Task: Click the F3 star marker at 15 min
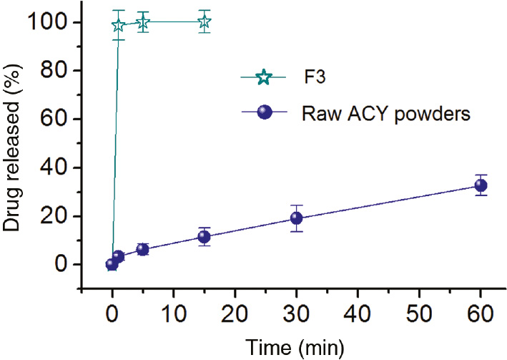click(204, 22)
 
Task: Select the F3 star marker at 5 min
click(142, 23)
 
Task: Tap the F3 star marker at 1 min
click(118, 26)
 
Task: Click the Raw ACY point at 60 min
click(481, 185)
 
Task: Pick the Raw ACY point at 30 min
click(296, 218)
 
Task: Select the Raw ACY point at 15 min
click(204, 237)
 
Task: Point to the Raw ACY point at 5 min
click(142, 249)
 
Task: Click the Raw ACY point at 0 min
click(112, 264)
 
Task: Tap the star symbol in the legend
click(263, 77)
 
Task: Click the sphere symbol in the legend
click(263, 114)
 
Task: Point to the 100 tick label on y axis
click(49, 22)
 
